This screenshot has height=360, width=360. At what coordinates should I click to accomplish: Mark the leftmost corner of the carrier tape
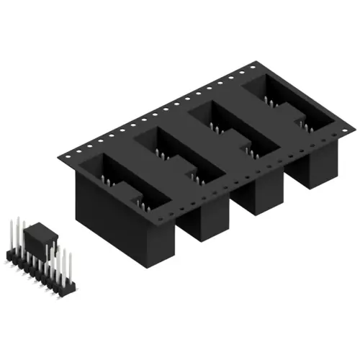(60, 152)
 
